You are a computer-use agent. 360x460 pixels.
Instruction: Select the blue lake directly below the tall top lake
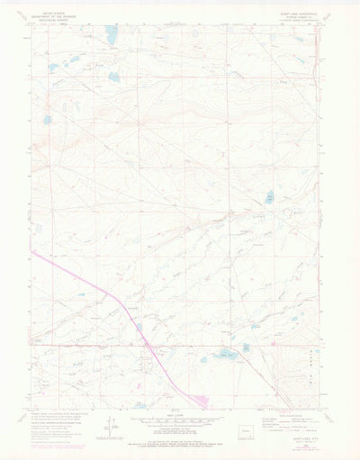click(114, 77)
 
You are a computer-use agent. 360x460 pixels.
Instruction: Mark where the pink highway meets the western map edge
click(31, 249)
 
